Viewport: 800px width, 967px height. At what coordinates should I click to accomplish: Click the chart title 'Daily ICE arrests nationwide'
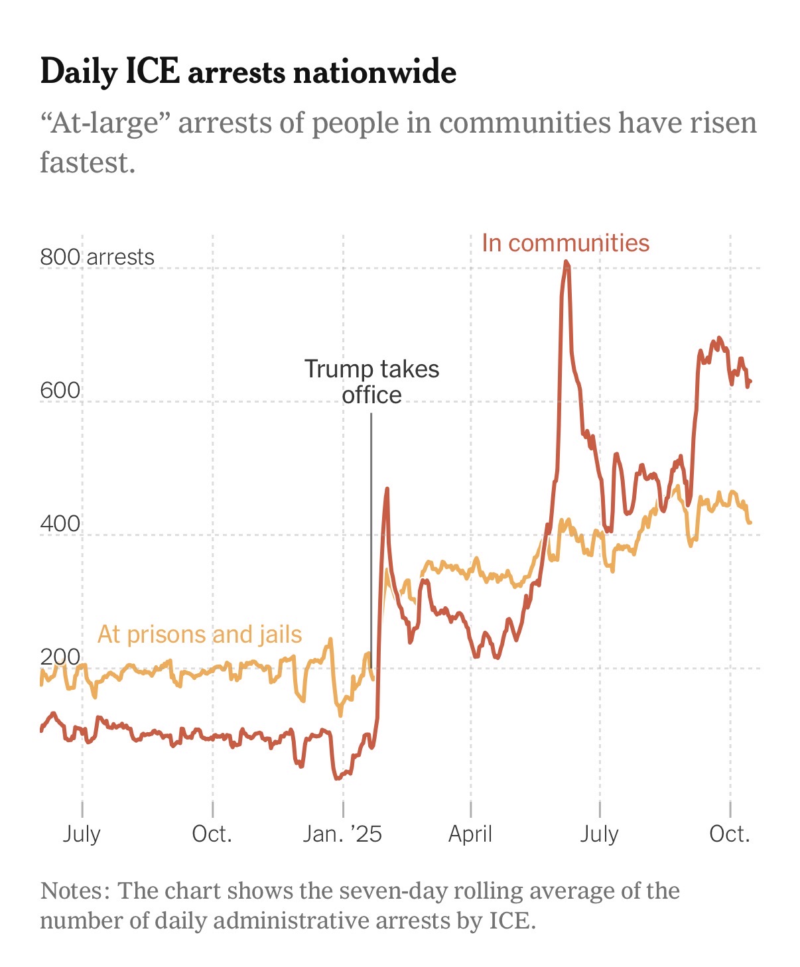click(x=248, y=72)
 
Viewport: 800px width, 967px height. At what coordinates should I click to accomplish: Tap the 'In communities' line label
click(x=565, y=243)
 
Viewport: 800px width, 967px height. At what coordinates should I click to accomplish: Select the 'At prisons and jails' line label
click(x=200, y=635)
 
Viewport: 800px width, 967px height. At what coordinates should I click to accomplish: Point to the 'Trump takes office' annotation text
click(x=371, y=381)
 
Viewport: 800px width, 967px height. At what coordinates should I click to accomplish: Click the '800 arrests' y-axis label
click(x=97, y=257)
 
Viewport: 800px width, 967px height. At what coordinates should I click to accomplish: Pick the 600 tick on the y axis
click(x=60, y=391)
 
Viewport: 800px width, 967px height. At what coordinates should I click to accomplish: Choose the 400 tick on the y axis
click(x=60, y=524)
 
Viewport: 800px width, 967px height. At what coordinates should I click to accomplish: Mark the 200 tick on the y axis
click(x=60, y=657)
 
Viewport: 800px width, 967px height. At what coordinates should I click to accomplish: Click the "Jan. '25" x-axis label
click(x=342, y=834)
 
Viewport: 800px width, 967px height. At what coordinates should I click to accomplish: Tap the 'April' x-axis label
click(x=470, y=834)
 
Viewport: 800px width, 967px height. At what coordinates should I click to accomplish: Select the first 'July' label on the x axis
click(x=82, y=834)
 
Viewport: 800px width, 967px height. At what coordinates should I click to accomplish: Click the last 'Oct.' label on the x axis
click(x=730, y=834)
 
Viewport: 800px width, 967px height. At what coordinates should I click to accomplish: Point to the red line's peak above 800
click(x=566, y=262)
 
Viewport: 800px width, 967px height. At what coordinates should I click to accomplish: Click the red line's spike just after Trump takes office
click(x=387, y=489)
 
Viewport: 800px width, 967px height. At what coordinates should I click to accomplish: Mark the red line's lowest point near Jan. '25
click(x=338, y=777)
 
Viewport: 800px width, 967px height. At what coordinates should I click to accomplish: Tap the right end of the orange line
click(x=750, y=523)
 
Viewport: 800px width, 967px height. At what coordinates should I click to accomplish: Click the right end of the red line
click(x=750, y=381)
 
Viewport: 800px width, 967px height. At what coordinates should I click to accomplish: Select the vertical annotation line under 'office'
click(x=371, y=531)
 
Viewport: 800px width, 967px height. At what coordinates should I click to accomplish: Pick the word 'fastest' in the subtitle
click(x=86, y=162)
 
